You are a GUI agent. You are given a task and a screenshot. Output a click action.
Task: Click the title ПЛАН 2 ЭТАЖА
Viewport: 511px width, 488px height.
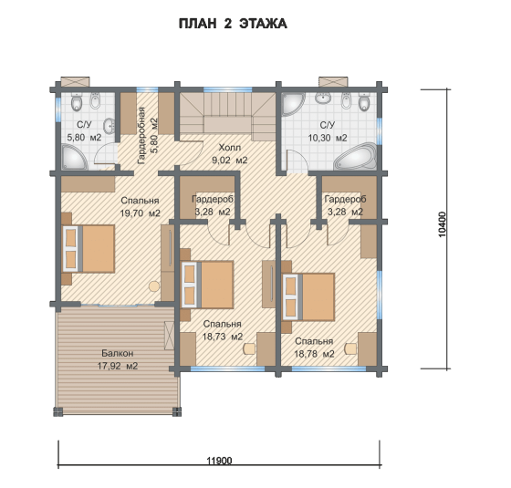tap(233, 24)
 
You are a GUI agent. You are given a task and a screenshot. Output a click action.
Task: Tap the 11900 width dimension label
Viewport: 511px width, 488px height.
tap(219, 461)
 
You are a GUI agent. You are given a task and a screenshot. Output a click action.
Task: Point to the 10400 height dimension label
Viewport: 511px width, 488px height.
tap(442, 224)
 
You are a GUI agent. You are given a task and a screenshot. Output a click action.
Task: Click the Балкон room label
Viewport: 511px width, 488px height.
tap(118, 353)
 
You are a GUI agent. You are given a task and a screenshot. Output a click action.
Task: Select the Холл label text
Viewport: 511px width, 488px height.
tap(229, 148)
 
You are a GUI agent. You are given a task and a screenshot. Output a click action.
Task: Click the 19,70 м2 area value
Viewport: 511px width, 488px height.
tap(141, 213)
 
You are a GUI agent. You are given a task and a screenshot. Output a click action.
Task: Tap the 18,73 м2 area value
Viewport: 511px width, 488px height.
tap(223, 337)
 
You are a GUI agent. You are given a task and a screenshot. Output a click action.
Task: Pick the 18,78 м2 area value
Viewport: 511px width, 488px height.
tap(314, 354)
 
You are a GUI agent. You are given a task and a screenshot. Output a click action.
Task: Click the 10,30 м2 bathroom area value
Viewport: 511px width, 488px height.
tap(328, 138)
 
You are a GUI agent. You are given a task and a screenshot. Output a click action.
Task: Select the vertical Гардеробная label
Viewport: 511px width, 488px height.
tap(141, 135)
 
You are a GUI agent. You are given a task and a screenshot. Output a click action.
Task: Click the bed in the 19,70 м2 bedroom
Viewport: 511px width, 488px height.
tap(89, 248)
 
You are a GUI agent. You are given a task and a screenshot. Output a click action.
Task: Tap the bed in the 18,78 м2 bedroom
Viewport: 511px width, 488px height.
tap(308, 296)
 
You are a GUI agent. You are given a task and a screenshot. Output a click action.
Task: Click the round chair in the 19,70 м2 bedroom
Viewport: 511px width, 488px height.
tap(154, 286)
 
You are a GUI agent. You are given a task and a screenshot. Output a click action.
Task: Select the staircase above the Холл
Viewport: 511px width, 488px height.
tap(228, 116)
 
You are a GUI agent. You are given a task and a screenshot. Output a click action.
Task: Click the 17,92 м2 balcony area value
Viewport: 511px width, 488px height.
tap(118, 366)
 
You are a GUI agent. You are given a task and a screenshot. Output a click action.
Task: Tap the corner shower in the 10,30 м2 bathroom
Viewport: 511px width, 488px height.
tap(292, 103)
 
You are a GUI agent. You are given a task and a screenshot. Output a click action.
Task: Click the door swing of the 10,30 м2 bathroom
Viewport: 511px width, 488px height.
tap(297, 161)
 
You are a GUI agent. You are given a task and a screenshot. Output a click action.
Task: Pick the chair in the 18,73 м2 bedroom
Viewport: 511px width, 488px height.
tap(249, 348)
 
